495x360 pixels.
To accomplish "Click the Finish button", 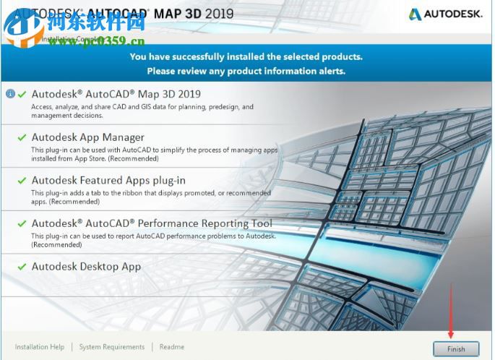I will (x=456, y=348).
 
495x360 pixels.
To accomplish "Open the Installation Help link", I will (x=40, y=347).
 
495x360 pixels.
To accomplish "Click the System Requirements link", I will (x=112, y=347).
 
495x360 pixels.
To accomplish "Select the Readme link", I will (x=172, y=347).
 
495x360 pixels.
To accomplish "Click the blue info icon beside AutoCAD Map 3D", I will (x=10, y=94).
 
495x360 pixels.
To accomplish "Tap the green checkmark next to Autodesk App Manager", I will (x=22, y=137).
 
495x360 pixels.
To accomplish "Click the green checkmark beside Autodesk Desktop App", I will (x=22, y=267).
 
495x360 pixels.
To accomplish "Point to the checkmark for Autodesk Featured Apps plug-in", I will (x=22, y=181).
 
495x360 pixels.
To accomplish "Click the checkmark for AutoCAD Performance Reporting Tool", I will (x=22, y=224).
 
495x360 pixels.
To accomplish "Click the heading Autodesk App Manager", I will (x=87, y=137).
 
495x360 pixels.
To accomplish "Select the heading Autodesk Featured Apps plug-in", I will (x=108, y=181).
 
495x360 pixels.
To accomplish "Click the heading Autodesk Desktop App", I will (x=86, y=267).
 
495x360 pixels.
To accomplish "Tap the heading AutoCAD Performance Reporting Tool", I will (x=152, y=224).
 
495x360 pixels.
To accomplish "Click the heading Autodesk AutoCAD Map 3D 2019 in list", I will (x=116, y=94).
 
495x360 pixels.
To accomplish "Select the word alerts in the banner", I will (x=330, y=71).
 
